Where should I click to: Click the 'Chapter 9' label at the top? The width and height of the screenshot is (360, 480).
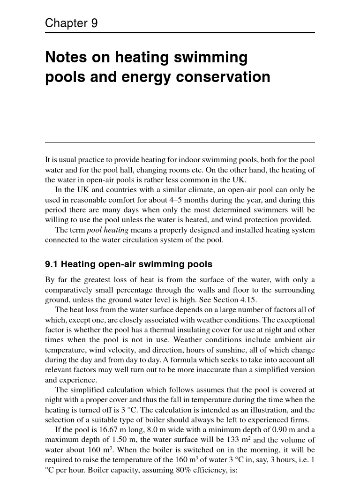[71, 23]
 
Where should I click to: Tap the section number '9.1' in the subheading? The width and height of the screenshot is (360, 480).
[51, 264]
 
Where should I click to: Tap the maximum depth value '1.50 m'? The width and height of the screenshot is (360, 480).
[124, 440]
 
